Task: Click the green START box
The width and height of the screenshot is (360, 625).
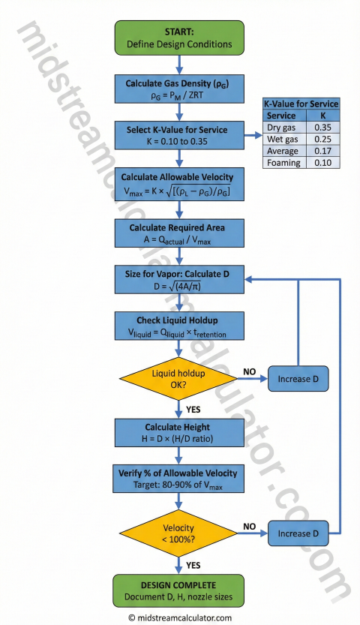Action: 179,38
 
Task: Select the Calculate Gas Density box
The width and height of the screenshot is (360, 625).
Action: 179,88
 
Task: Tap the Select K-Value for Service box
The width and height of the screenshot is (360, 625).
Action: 179,134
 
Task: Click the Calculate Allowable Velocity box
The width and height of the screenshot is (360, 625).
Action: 179,182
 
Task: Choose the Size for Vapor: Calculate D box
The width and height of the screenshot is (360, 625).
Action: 179,278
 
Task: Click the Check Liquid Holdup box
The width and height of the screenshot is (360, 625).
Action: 179,326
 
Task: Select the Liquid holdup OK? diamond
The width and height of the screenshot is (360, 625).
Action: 179,379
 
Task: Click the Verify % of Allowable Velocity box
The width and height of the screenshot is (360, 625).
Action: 179,479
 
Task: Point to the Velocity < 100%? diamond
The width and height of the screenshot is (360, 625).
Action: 179,533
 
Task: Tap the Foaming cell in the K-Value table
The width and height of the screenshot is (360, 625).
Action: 283,162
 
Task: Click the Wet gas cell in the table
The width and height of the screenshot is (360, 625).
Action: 283,140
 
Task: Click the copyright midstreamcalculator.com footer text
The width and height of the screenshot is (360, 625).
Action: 180,617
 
